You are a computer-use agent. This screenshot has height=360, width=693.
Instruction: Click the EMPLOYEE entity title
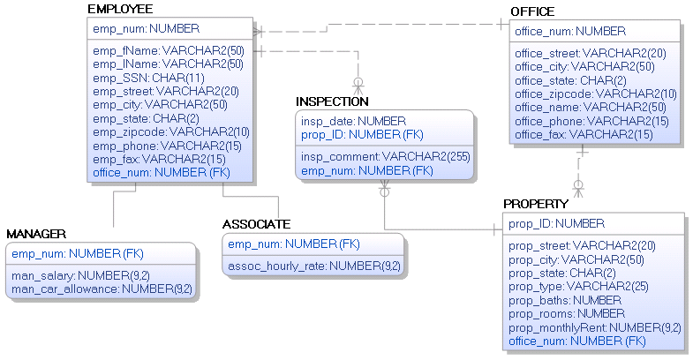coord(120,9)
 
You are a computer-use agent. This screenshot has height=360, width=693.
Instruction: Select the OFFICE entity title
coord(532,11)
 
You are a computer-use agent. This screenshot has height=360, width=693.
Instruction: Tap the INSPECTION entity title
coord(332,101)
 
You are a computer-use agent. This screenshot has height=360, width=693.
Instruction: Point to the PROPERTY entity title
coord(536,204)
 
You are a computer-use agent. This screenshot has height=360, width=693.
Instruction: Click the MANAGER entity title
coord(36,234)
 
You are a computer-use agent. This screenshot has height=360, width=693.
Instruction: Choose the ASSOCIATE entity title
coord(256,224)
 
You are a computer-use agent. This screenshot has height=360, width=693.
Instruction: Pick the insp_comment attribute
coord(385,156)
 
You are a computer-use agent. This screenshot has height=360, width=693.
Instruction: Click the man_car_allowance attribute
coord(102,289)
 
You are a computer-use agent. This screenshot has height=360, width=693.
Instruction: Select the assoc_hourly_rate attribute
coord(313,266)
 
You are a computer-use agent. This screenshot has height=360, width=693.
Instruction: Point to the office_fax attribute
coord(584,134)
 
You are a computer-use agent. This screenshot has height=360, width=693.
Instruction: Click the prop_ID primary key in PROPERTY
coord(556,223)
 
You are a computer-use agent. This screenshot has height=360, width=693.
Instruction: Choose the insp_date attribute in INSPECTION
coord(353,121)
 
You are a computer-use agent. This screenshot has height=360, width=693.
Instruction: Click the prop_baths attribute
coord(566,300)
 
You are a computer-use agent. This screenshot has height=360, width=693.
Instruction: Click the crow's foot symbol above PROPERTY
coord(579,188)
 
